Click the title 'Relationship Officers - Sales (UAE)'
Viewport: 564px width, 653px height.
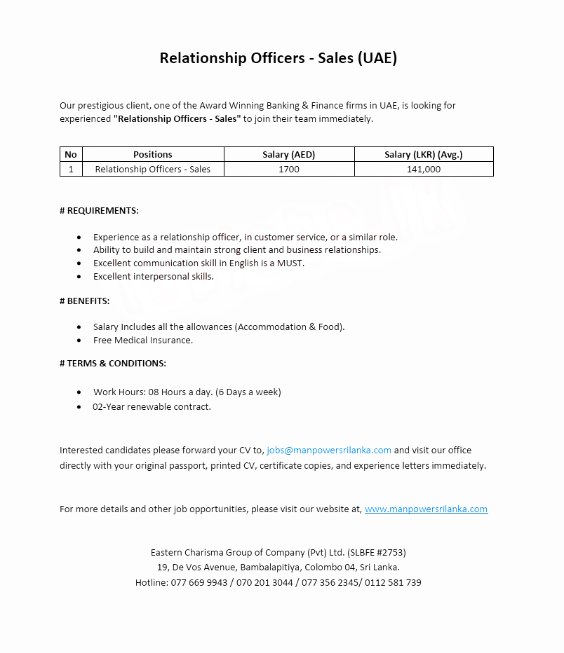coord(278,58)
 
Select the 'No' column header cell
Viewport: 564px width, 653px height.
coord(71,154)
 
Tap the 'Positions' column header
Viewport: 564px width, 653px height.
coord(153,154)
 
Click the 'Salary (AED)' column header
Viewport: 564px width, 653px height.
coord(289,154)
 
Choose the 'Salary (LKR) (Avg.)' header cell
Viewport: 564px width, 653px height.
coord(424,154)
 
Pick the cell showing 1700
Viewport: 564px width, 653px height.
coord(289,169)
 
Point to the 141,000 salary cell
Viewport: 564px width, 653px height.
coord(424,169)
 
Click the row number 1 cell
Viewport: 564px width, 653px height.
coord(71,169)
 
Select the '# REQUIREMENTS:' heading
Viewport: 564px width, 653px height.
coord(99,210)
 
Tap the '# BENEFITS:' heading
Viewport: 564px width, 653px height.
coord(84,301)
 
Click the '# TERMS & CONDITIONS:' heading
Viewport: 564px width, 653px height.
coord(113,363)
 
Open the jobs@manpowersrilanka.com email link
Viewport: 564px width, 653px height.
coord(329,450)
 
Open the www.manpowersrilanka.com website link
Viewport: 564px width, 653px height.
coord(426,509)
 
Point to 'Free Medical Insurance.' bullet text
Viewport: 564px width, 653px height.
coord(143,340)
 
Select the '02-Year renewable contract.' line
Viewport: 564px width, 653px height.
coord(152,406)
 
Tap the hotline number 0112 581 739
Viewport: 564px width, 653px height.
coord(394,582)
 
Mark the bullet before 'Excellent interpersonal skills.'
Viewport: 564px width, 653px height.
coord(79,277)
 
